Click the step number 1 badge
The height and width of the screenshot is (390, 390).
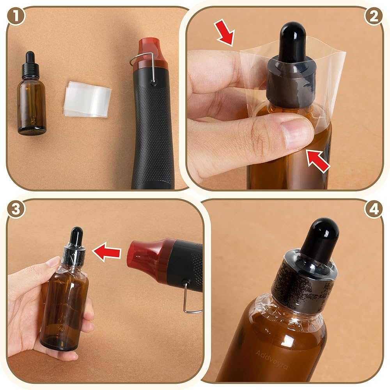[16, 16]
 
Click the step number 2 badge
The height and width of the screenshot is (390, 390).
[374, 16]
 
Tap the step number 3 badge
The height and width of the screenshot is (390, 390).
[16, 209]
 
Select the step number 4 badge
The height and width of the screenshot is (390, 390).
[374, 209]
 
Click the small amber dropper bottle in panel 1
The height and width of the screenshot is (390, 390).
[32, 94]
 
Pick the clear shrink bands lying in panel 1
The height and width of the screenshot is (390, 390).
[87, 99]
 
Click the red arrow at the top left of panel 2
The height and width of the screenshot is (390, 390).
[225, 34]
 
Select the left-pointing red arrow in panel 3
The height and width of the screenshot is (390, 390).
[106, 252]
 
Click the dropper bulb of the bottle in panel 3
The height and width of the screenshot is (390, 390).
[76, 236]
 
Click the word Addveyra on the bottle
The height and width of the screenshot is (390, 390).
[271, 360]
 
